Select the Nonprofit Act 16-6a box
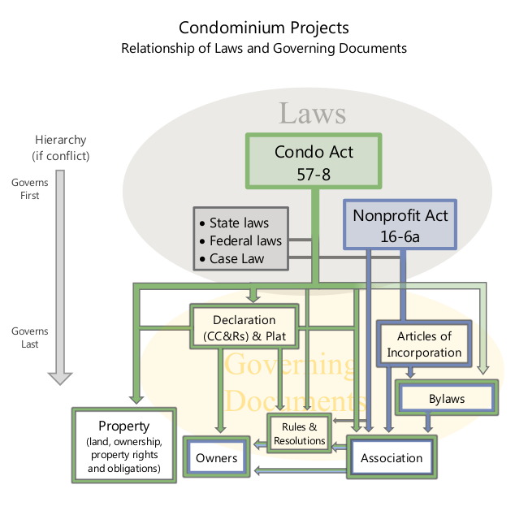tap(400, 224)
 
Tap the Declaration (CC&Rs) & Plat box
tap(244, 328)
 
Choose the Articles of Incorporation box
tap(424, 344)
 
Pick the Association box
tap(392, 458)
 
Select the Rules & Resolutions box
tap(300, 434)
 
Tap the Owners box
tap(216, 458)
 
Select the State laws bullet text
tap(239, 223)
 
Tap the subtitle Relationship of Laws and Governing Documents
tap(264, 48)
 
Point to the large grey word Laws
tap(313, 113)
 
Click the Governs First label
tap(30, 188)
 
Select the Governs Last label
tap(30, 337)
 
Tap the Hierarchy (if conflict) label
tap(60, 148)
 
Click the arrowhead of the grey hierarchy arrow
tap(61, 376)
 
